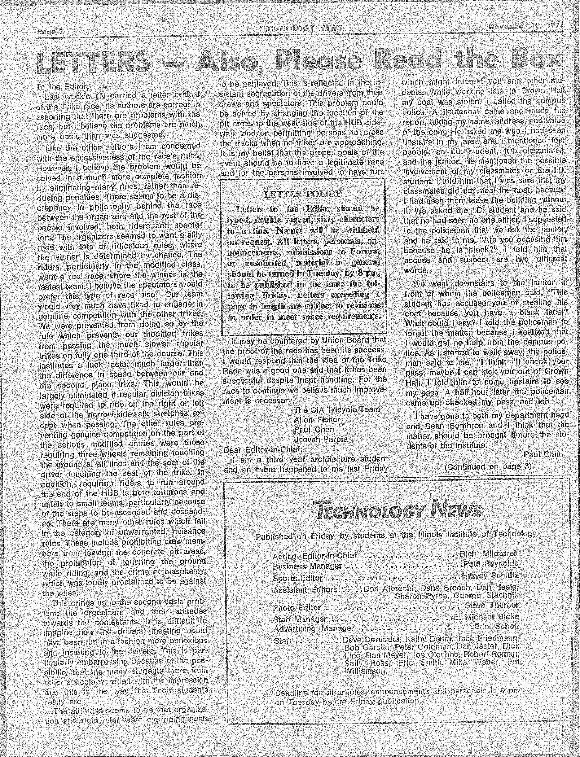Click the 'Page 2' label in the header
click(51, 32)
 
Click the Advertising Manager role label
click(314, 628)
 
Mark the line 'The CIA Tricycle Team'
click(337, 409)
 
